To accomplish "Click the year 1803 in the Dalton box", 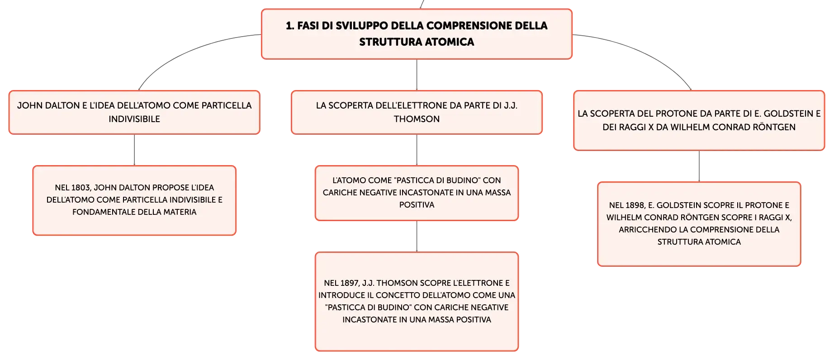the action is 81,188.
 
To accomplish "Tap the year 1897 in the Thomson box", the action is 349,283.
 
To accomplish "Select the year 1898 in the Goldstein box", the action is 635,205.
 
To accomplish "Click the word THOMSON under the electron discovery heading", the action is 417,119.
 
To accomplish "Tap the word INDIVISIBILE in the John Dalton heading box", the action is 134,119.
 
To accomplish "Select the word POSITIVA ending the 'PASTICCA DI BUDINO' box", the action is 417,205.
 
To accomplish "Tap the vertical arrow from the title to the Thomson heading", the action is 417,75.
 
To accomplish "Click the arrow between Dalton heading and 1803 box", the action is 134,150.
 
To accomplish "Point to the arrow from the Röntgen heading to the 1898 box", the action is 699,166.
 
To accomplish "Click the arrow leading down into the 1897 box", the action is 417,236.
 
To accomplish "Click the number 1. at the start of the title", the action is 290,26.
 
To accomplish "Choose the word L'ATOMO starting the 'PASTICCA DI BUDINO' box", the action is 349,180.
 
